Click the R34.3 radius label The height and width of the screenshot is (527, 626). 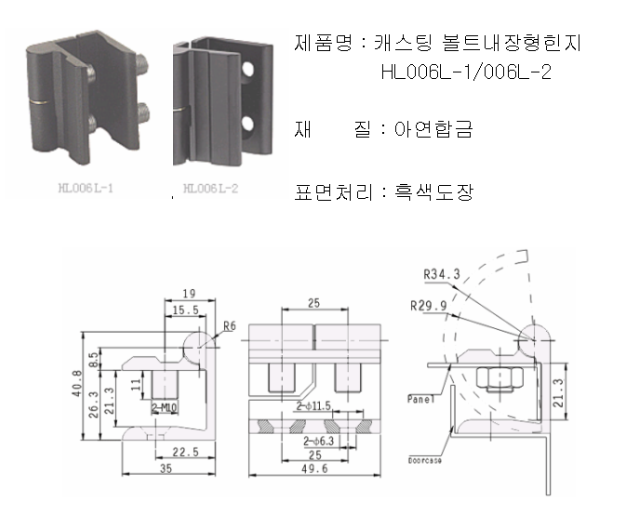click(x=442, y=275)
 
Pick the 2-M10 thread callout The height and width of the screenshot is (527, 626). click(x=166, y=406)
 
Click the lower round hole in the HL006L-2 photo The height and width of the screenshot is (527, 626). click(x=247, y=123)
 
